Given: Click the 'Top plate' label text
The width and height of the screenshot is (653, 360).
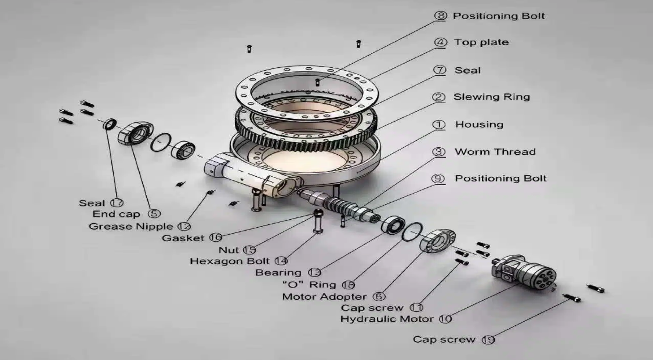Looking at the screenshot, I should coord(481,42).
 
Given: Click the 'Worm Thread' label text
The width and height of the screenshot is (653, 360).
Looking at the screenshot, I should coord(495,152).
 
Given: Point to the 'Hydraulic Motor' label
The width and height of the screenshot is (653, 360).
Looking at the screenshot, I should coord(387,319).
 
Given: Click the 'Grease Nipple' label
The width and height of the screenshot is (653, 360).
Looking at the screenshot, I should coord(130,226).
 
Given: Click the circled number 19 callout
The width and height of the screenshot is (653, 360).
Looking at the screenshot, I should coord(488,340).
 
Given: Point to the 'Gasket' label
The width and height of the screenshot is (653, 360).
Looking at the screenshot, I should coord(183,238).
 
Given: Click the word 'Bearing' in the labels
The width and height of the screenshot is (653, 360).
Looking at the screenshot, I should coord(278,272).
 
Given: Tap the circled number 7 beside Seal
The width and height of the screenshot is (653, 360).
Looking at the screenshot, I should coord(440,70).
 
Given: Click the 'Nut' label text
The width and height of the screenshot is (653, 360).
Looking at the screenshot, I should coord(228,250).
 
